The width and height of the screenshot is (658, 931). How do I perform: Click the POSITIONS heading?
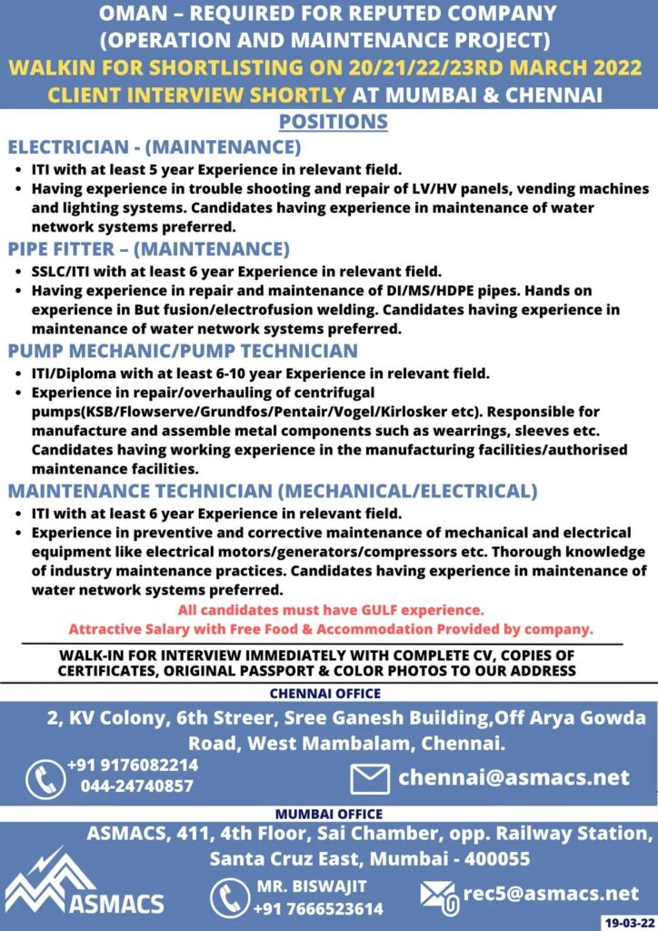click(x=333, y=122)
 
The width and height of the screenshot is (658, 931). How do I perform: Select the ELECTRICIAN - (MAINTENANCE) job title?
click(x=154, y=147)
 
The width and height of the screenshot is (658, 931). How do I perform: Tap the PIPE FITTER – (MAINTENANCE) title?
click(x=148, y=249)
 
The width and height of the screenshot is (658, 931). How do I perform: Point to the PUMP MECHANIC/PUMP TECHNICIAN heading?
click(x=183, y=351)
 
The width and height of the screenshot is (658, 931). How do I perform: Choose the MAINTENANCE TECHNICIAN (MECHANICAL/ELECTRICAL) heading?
click(x=273, y=491)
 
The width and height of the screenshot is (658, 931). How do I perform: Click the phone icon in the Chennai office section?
click(x=45, y=778)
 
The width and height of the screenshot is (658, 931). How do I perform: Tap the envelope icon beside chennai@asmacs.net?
click(x=370, y=778)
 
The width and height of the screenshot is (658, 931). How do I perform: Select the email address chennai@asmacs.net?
click(x=513, y=777)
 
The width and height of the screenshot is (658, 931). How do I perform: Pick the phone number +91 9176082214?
click(x=132, y=766)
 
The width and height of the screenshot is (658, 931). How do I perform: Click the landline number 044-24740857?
click(x=136, y=786)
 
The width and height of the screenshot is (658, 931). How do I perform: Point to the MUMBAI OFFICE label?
click(x=328, y=814)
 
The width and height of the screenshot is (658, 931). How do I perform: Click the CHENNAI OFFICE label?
click(x=329, y=693)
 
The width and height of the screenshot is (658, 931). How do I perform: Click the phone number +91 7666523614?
click(x=318, y=908)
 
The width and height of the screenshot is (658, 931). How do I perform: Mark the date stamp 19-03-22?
click(x=627, y=922)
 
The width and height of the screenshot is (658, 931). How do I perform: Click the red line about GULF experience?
click(x=331, y=610)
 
